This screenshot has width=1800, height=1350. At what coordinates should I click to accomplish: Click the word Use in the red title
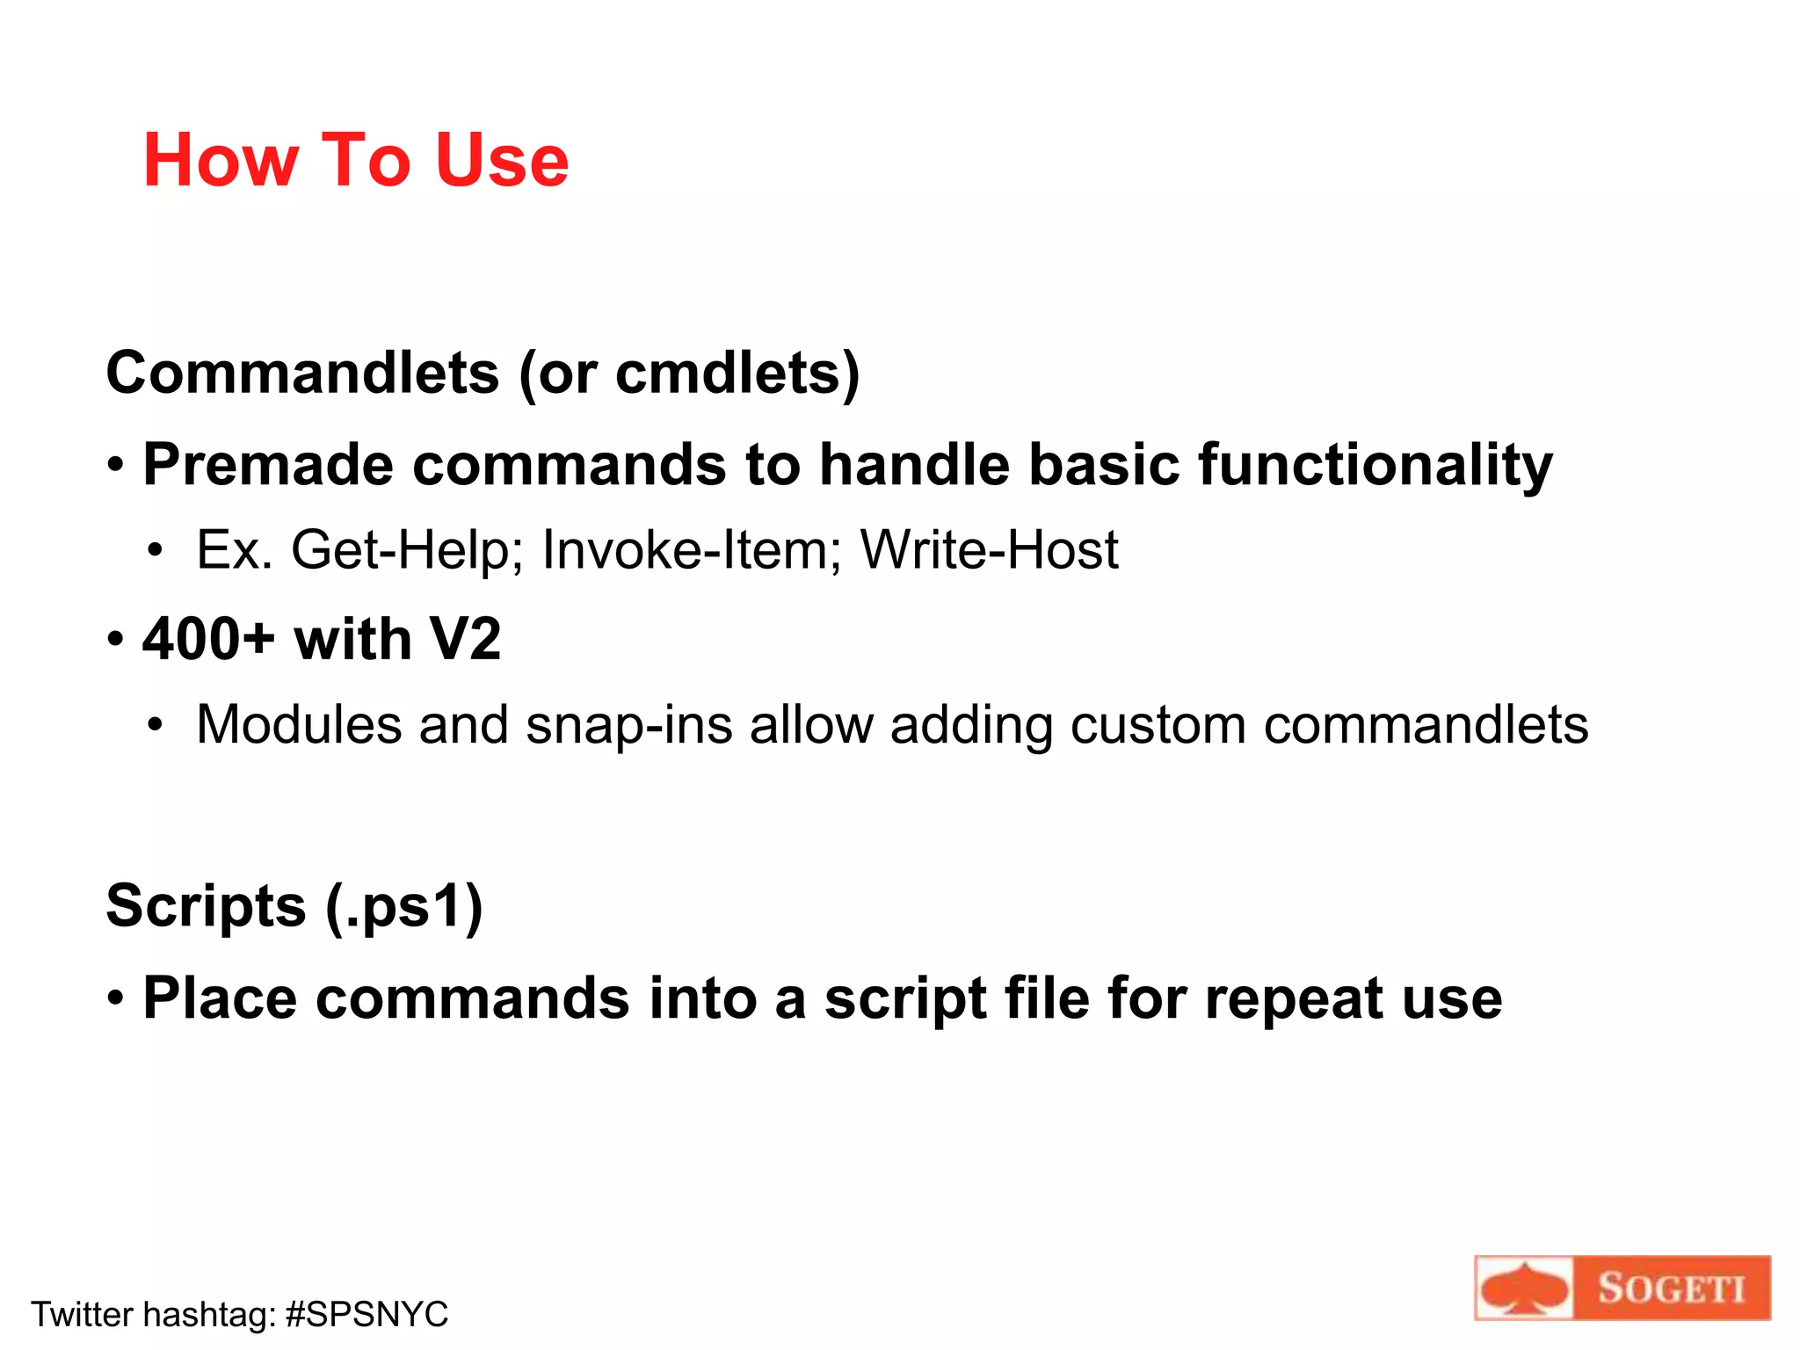tap(502, 160)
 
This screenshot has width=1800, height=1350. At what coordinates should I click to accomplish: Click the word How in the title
tap(220, 160)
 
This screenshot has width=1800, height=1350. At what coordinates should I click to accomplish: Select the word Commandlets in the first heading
tap(302, 373)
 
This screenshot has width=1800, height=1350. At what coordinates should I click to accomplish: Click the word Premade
tap(268, 464)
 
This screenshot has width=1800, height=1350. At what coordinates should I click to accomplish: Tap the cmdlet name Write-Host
tap(989, 550)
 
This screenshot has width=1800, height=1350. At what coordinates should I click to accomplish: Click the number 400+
tap(209, 638)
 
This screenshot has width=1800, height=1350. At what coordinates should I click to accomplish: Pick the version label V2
tap(464, 638)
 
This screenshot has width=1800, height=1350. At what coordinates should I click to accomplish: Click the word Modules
tap(299, 725)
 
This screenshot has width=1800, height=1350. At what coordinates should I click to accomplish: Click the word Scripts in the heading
tap(206, 906)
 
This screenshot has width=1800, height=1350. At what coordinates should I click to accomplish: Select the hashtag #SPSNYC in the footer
tap(367, 1315)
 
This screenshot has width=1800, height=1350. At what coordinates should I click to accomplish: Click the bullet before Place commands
tap(116, 998)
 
